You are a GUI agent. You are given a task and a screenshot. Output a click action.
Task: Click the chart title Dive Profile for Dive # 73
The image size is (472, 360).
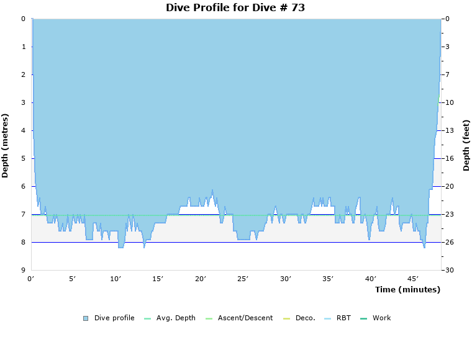(235, 8)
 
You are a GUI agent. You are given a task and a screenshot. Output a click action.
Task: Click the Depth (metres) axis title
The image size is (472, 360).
(6, 145)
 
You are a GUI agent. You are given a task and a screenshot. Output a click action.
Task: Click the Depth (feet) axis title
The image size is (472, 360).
(466, 145)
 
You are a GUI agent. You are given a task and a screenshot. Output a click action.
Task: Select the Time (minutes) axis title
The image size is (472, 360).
(407, 290)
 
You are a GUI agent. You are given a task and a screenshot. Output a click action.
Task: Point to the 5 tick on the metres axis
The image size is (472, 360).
(24, 158)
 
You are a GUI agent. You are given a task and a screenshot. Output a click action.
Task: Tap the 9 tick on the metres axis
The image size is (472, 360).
(24, 270)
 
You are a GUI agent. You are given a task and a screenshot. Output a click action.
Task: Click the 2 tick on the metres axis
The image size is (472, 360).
(24, 74)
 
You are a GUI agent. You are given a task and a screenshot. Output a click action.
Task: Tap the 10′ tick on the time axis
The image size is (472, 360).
(116, 279)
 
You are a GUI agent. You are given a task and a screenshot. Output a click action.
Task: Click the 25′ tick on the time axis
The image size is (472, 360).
(243, 279)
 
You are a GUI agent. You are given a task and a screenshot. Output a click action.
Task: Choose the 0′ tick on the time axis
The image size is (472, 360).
(31, 279)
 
